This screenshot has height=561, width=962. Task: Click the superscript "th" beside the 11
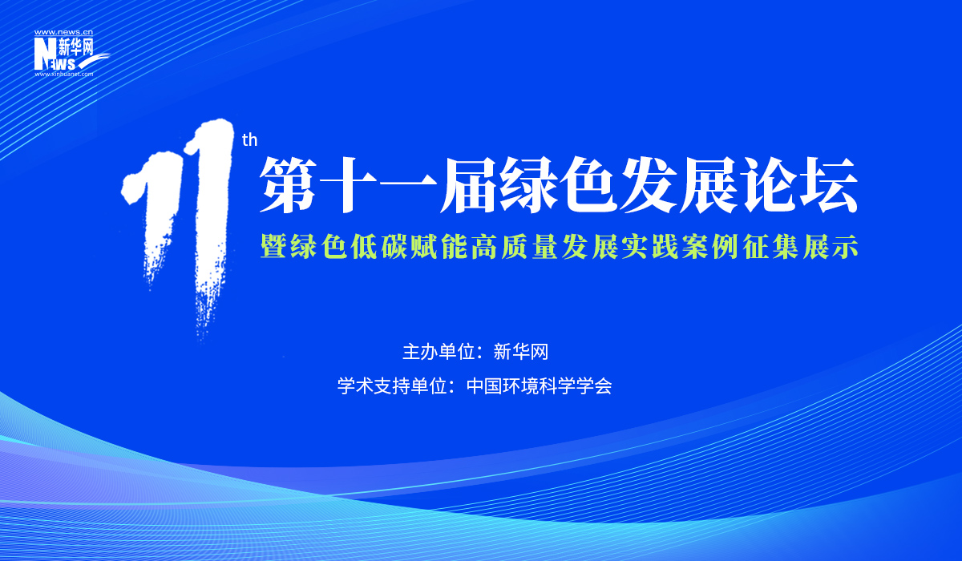point(250,141)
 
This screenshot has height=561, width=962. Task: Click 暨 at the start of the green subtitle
point(273,246)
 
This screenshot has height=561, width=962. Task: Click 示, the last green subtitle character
point(845,246)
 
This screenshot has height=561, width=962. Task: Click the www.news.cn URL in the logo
point(63,33)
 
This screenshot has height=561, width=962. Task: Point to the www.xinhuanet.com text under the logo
point(63,74)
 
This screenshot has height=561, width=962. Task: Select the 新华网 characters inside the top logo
point(77,47)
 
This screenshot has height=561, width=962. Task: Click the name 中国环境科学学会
point(539,386)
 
